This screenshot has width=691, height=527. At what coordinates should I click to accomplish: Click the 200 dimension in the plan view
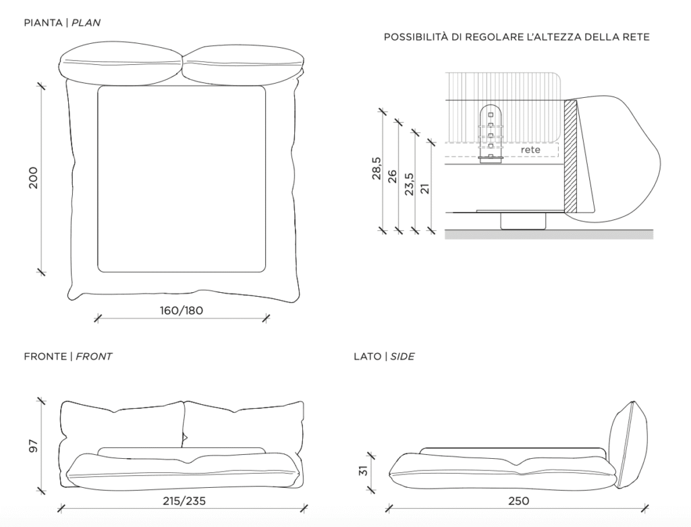click(x=34, y=177)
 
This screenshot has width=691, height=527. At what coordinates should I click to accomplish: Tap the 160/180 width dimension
click(x=181, y=310)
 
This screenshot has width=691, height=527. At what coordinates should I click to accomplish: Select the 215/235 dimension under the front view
click(x=184, y=501)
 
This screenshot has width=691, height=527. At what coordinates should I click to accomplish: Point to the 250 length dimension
click(x=519, y=501)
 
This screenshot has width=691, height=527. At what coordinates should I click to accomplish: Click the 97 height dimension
click(x=34, y=446)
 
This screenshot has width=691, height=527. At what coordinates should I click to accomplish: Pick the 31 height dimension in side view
click(x=363, y=470)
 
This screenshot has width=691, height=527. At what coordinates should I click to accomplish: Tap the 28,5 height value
click(x=377, y=168)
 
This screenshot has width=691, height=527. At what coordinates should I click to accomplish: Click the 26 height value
click(x=392, y=176)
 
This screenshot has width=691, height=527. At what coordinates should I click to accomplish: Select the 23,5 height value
click(x=410, y=184)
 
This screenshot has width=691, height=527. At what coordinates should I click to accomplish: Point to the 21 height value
click(x=425, y=188)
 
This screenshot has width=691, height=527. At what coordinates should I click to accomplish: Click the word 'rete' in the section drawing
click(x=530, y=150)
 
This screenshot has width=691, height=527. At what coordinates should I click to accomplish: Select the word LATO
click(x=368, y=356)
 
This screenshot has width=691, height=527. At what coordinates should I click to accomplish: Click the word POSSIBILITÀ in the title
click(x=415, y=37)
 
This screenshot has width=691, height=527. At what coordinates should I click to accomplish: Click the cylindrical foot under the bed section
click(x=523, y=221)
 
